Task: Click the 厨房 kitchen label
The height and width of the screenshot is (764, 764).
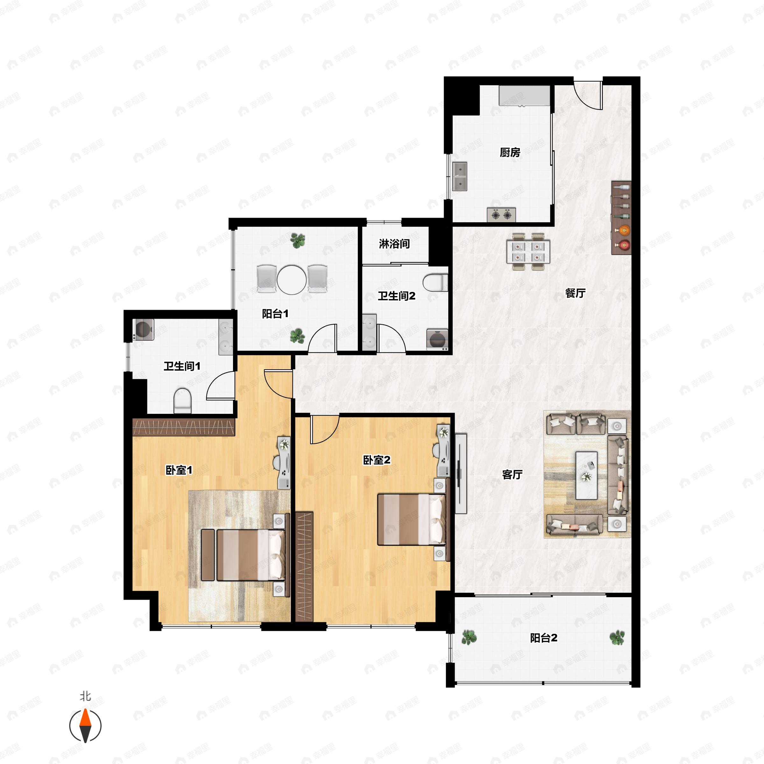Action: (x=510, y=152)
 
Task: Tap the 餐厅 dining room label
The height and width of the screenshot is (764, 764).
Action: (x=575, y=293)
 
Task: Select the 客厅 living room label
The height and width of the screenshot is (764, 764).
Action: (x=513, y=475)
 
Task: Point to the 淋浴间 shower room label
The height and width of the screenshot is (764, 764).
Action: (x=394, y=244)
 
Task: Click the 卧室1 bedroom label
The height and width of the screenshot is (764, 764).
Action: (x=179, y=470)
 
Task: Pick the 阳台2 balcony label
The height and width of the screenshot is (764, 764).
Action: (x=544, y=638)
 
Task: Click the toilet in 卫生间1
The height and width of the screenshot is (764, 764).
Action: (x=182, y=400)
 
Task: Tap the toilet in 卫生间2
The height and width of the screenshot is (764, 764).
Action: (x=435, y=283)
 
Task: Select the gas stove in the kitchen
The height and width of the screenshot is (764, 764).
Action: (x=501, y=215)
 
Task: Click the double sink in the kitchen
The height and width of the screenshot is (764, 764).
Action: (x=460, y=176)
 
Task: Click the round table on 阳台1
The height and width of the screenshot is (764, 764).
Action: (x=292, y=279)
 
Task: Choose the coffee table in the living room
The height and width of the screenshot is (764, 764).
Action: (x=586, y=475)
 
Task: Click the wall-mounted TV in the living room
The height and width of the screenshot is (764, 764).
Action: (x=461, y=473)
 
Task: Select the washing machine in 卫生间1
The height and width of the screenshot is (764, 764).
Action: (x=144, y=329)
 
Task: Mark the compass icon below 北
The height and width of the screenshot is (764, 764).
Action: (x=85, y=726)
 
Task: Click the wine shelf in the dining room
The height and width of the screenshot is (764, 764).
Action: (x=621, y=218)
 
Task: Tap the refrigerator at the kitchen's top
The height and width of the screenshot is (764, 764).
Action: (x=524, y=96)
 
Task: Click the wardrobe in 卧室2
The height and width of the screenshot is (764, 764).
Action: (x=305, y=567)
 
